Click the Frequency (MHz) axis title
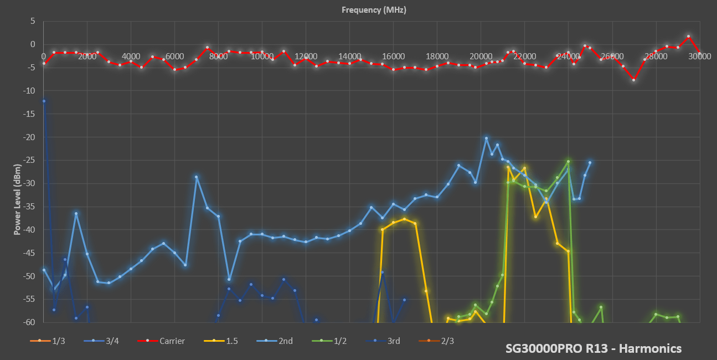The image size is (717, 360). pos(374,9)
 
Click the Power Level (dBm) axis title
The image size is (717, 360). pos(18,199)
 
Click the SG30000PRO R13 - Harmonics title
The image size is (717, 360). pos(594,348)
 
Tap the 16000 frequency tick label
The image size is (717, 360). pos(393,56)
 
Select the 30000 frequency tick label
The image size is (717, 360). pos(699,56)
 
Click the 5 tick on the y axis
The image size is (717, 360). pos(33,21)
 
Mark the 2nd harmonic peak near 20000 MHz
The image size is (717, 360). pos(486,138)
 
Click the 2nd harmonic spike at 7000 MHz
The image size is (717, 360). pos(196,177)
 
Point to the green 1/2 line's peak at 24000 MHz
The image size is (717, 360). pos(568,161)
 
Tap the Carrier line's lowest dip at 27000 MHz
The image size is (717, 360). pos(633,80)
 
